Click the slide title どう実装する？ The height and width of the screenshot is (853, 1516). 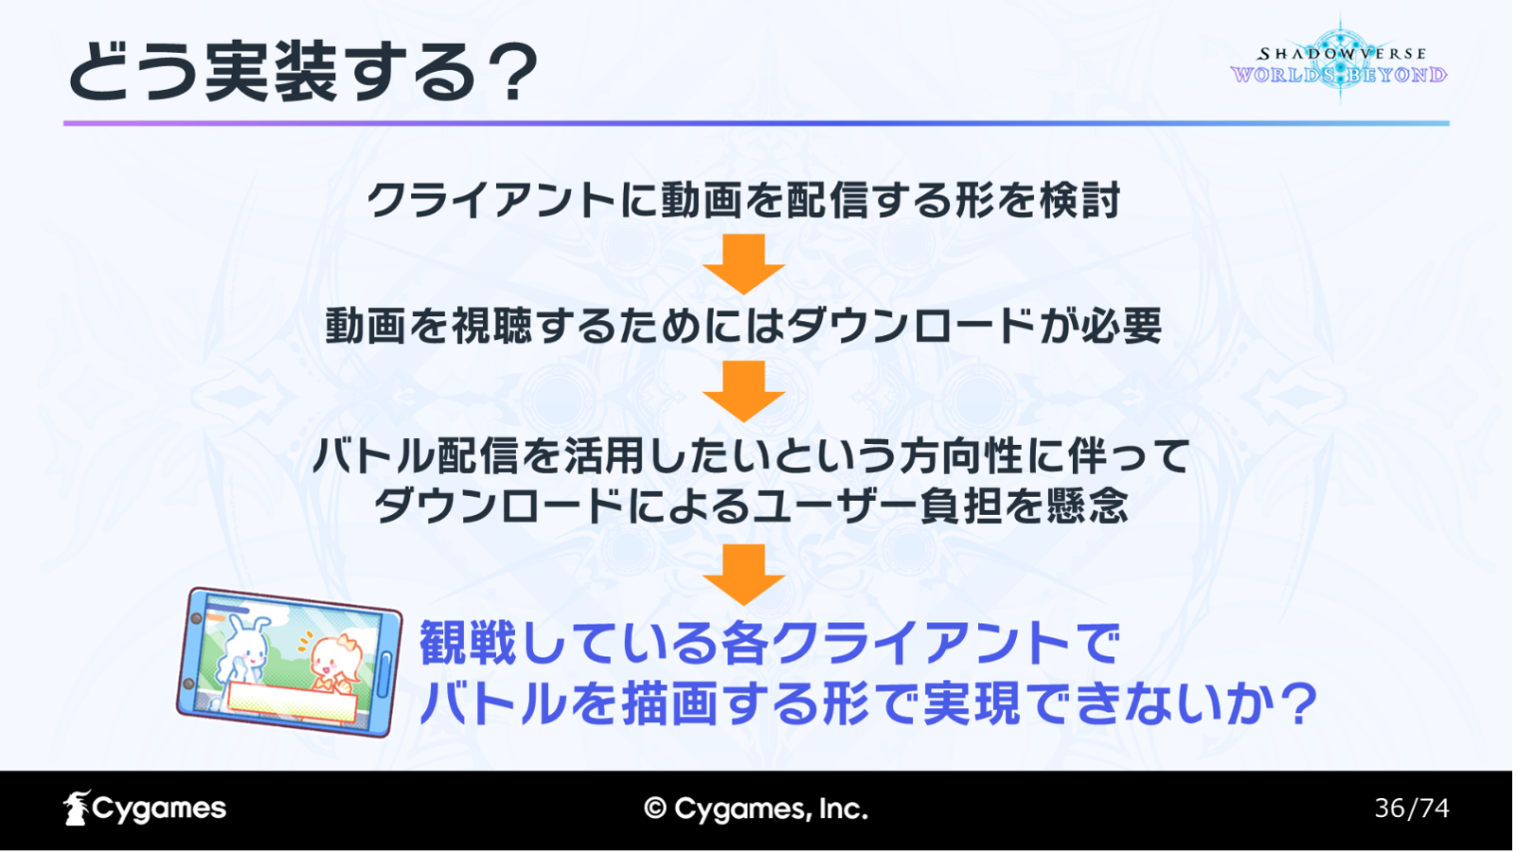[x=303, y=71]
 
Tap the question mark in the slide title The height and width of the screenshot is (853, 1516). [x=509, y=72]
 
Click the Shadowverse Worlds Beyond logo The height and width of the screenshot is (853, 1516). [x=1339, y=62]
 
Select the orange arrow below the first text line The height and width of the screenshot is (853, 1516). [x=743, y=264]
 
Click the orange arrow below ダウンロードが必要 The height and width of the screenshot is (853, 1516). [x=743, y=391]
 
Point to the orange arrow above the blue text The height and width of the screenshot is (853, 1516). [x=743, y=575]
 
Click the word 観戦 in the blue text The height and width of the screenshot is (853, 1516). [x=468, y=643]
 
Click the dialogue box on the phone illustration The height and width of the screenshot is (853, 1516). [x=292, y=702]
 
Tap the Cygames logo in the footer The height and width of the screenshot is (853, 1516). [x=145, y=809]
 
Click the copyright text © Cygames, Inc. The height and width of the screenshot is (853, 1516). [x=756, y=809]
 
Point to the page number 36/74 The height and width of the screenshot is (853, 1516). [x=1412, y=809]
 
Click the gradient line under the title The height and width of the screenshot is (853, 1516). [x=756, y=124]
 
